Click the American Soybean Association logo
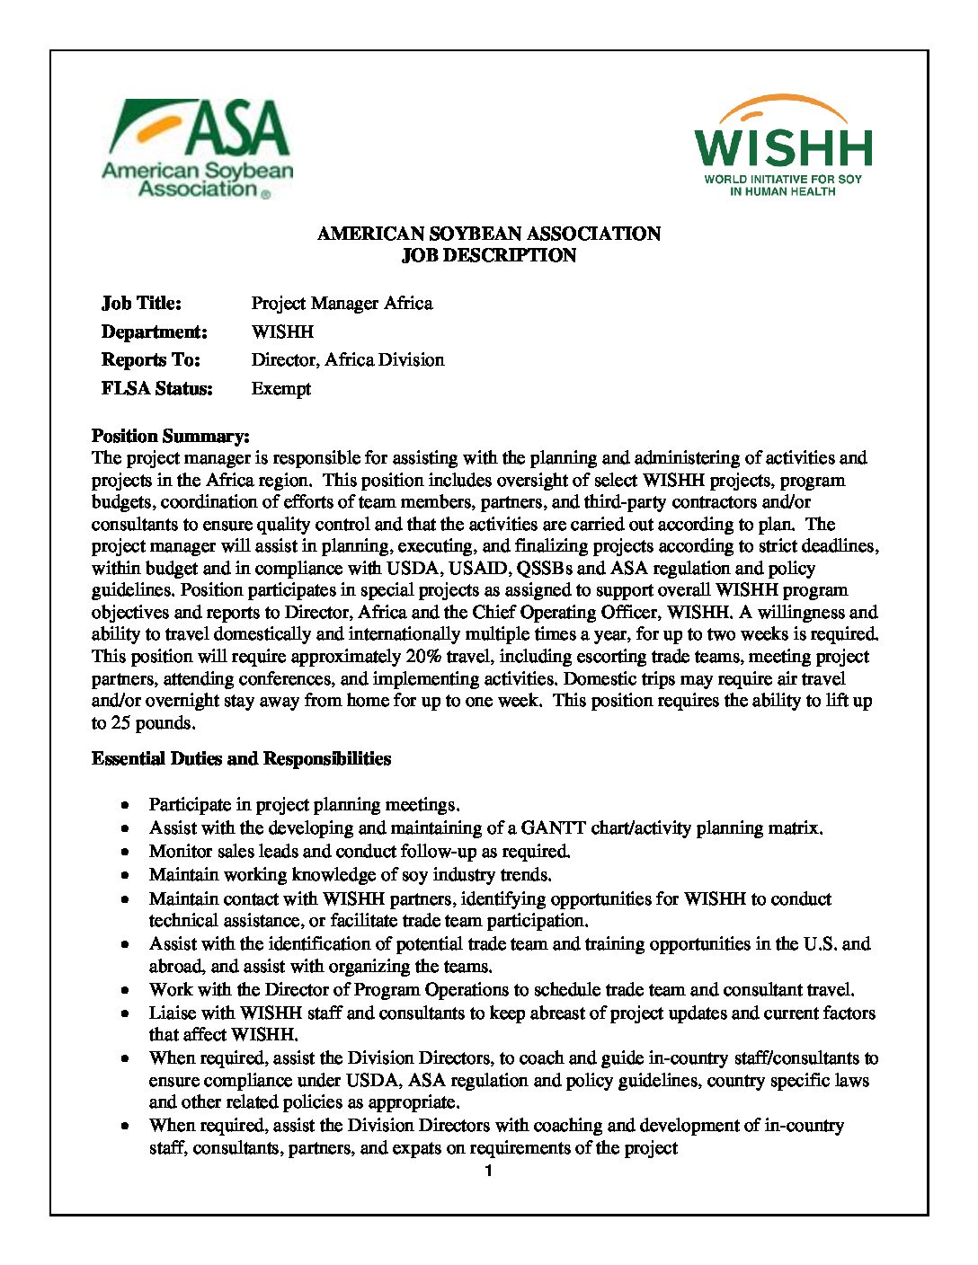pyautogui.click(x=198, y=148)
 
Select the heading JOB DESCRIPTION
pyautogui.click(x=489, y=256)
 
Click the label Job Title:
pyautogui.click(x=141, y=304)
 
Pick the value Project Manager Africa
pyautogui.click(x=342, y=304)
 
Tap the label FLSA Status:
pyautogui.click(x=157, y=389)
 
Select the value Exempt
pyautogui.click(x=281, y=389)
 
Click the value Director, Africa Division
pyautogui.click(x=348, y=360)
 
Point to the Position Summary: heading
pyautogui.click(x=171, y=437)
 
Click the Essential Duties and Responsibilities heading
pyautogui.click(x=241, y=759)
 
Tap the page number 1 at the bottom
pyautogui.click(x=489, y=1172)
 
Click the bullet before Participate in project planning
pyautogui.click(x=129, y=806)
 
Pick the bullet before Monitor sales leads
pyautogui.click(x=129, y=852)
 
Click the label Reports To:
pyautogui.click(x=151, y=360)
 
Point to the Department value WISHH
pyautogui.click(x=282, y=332)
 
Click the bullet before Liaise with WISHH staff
pyautogui.click(x=129, y=1014)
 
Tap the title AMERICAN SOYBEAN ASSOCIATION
pyautogui.click(x=489, y=234)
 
